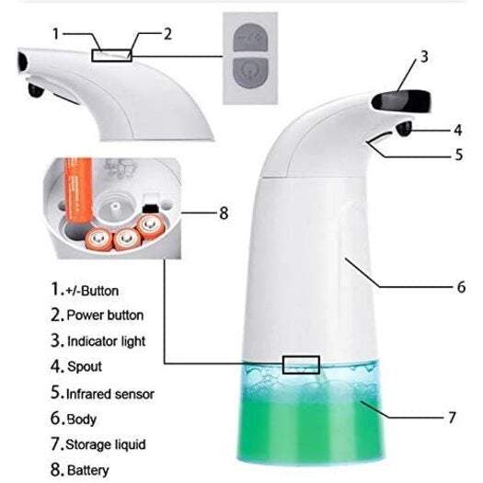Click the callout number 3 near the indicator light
[424, 56]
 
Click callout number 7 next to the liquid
[452, 417]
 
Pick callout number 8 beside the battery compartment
[222, 212]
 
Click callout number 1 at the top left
[57, 34]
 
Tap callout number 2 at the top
[167, 34]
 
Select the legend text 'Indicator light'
[106, 341]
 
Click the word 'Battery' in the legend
[87, 470]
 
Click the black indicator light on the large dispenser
[397, 97]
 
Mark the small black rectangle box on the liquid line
[301, 364]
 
